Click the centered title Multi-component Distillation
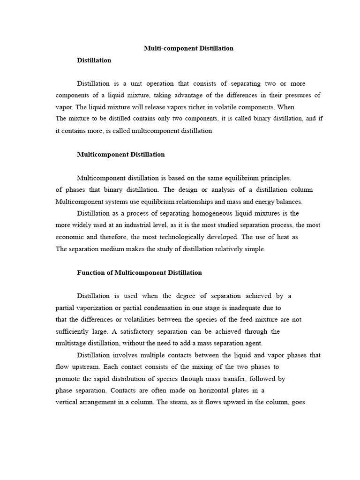pyautogui.click(x=188, y=48)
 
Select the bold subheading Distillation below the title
pyautogui.click(x=94, y=60)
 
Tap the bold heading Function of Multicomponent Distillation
pyautogui.click(x=139, y=272)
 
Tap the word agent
pyautogui.click(x=253, y=343)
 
